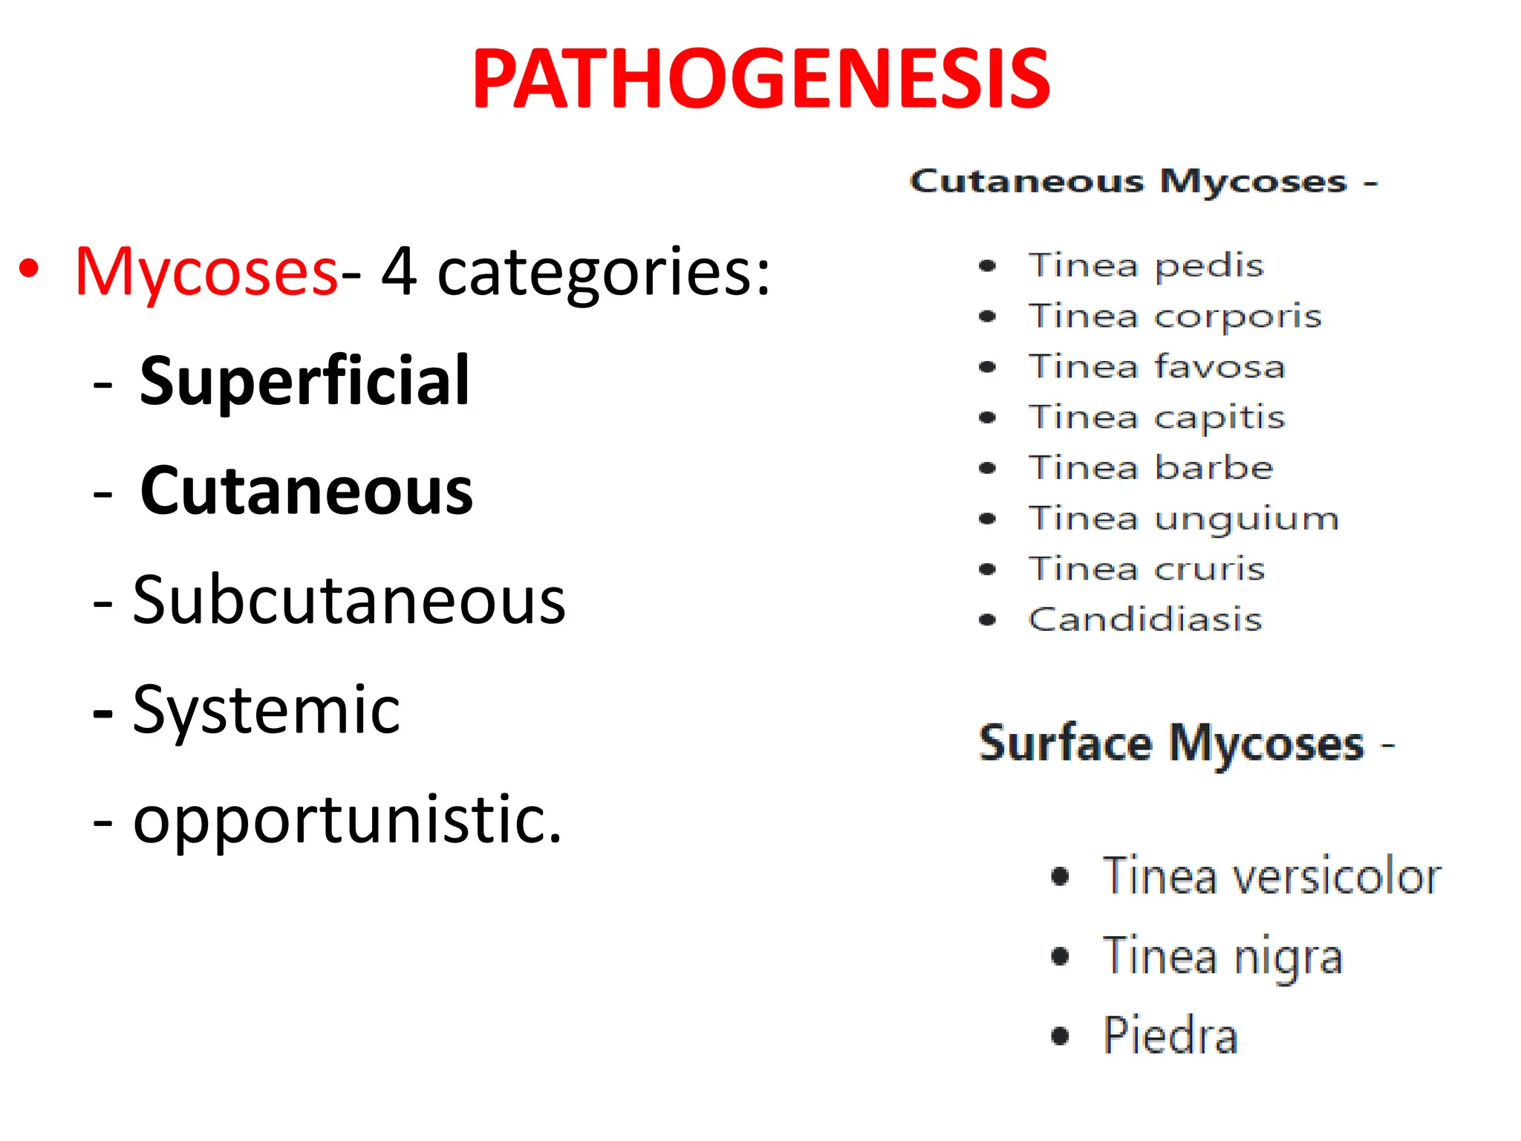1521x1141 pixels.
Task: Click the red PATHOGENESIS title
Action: pos(760,79)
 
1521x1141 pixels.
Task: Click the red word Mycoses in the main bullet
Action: pos(206,272)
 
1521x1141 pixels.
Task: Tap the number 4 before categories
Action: pos(399,272)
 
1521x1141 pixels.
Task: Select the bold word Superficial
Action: pos(304,382)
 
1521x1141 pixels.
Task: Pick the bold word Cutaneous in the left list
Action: pos(306,491)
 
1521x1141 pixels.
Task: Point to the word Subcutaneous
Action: pos(349,600)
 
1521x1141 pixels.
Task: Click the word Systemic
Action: pos(266,710)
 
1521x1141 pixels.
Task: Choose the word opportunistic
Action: pos(347,820)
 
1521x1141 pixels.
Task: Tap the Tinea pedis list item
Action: pos(1145,266)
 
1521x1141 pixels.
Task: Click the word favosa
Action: pos(1219,367)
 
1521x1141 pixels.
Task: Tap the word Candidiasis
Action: pos(1145,620)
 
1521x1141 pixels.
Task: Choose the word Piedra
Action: pos(1170,1035)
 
